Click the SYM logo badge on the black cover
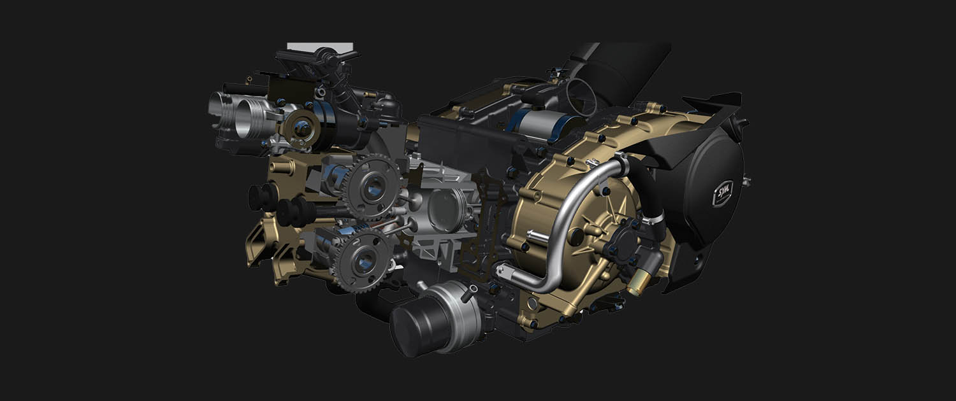723,193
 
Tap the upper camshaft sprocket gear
372,187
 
